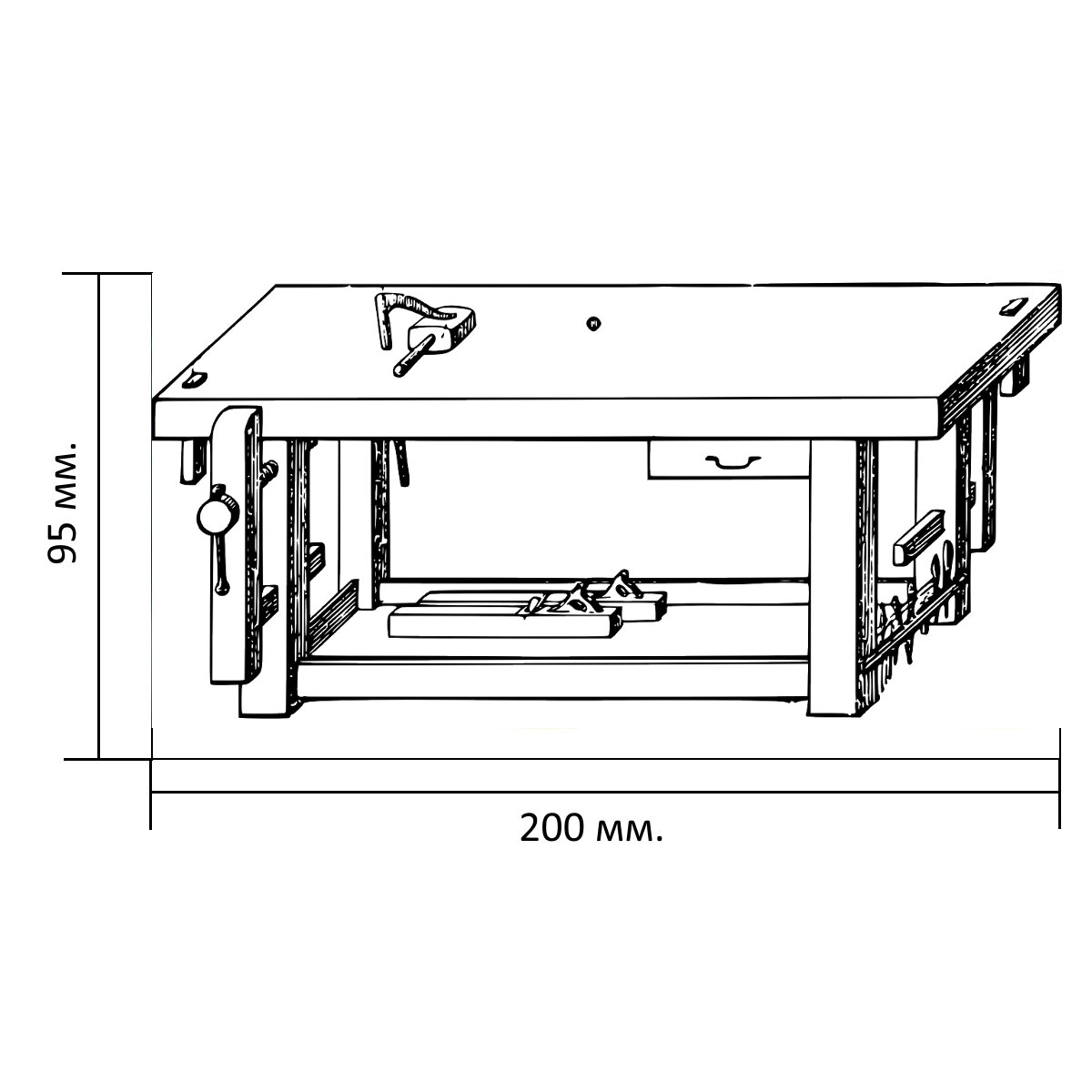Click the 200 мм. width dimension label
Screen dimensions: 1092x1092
(591, 828)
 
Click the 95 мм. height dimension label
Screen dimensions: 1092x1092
(61, 502)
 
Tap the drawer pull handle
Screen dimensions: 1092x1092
(733, 462)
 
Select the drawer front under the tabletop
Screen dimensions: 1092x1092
(729, 460)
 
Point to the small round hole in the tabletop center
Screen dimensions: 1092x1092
(593, 324)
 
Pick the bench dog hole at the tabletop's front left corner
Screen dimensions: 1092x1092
(195, 379)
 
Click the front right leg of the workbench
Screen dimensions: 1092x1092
(832, 578)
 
